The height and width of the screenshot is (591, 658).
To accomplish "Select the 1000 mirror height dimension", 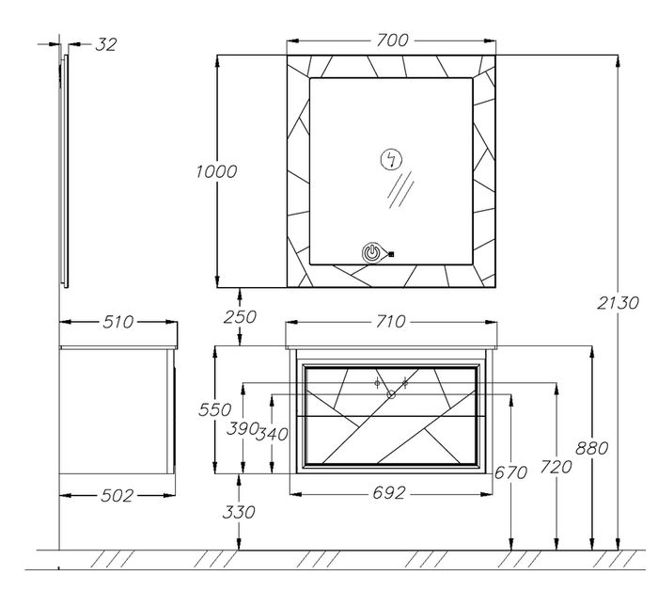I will pyautogui.click(x=216, y=171).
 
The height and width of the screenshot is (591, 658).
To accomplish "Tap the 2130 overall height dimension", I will pyautogui.click(x=618, y=303).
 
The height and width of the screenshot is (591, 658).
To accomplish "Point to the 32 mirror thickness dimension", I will pyautogui.click(x=105, y=44).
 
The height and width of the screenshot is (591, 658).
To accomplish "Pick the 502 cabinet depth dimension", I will pyautogui.click(x=117, y=494).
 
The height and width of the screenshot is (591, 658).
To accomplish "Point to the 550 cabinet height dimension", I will pyautogui.click(x=216, y=410).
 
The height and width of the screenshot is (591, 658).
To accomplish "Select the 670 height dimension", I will pyautogui.click(x=512, y=473).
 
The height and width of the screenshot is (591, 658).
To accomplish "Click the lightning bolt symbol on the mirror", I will pyautogui.click(x=389, y=159).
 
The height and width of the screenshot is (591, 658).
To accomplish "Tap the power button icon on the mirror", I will pyautogui.click(x=373, y=252).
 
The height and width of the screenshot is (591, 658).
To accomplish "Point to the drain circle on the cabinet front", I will pyautogui.click(x=392, y=394).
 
